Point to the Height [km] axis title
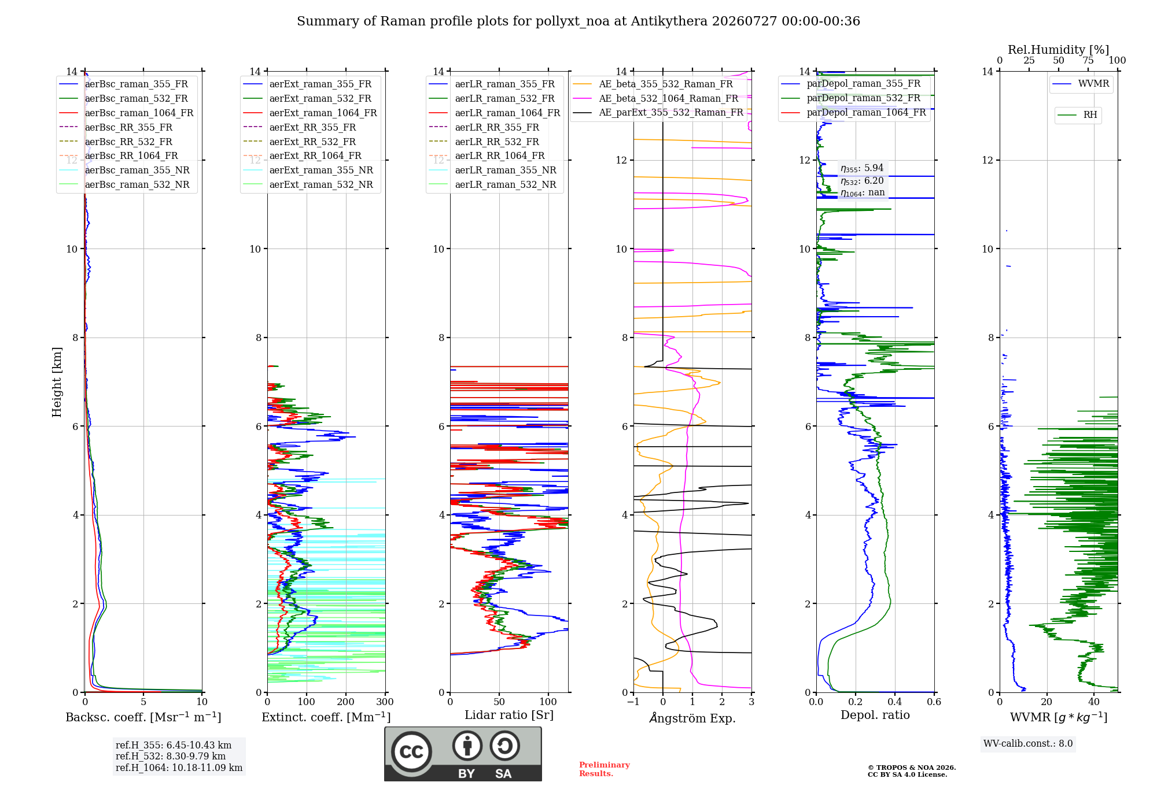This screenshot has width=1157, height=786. [57, 382]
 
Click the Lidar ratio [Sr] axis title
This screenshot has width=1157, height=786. [509, 715]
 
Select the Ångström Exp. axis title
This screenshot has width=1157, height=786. [692, 718]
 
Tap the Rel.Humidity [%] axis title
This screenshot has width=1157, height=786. [1059, 50]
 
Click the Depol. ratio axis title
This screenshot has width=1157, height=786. [875, 715]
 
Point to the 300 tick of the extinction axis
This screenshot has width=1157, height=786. [385, 702]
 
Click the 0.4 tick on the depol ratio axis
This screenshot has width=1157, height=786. [895, 702]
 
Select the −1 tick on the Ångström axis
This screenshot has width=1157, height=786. [633, 702]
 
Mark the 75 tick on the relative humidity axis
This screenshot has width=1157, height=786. [1088, 60]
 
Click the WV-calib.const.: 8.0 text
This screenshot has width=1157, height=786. [1028, 744]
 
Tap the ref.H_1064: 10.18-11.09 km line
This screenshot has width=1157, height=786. [179, 768]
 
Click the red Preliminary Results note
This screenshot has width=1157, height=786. [605, 769]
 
